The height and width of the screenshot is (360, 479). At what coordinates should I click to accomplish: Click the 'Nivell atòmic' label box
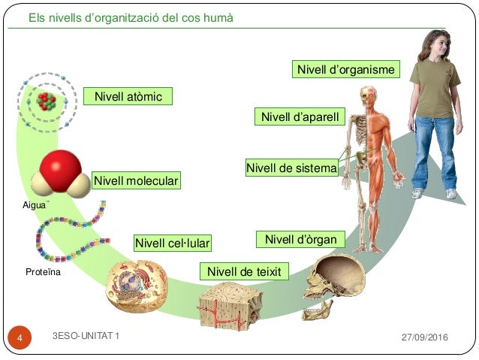(x=128, y=97)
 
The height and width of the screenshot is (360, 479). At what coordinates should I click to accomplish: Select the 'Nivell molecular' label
(x=136, y=182)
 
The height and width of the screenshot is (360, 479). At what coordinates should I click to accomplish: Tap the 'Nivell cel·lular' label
(x=172, y=244)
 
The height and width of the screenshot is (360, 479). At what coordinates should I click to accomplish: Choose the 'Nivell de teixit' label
(x=244, y=271)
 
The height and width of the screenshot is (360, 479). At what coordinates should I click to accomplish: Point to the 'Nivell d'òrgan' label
(x=300, y=240)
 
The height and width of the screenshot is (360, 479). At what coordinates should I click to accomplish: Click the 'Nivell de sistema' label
(x=291, y=168)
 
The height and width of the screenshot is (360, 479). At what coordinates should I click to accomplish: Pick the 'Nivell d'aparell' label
(x=300, y=117)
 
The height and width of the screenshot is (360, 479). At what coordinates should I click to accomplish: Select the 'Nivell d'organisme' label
(x=345, y=70)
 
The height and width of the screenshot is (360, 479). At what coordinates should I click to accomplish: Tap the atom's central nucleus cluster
(x=47, y=102)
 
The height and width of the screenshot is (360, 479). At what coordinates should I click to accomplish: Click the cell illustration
(x=136, y=286)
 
